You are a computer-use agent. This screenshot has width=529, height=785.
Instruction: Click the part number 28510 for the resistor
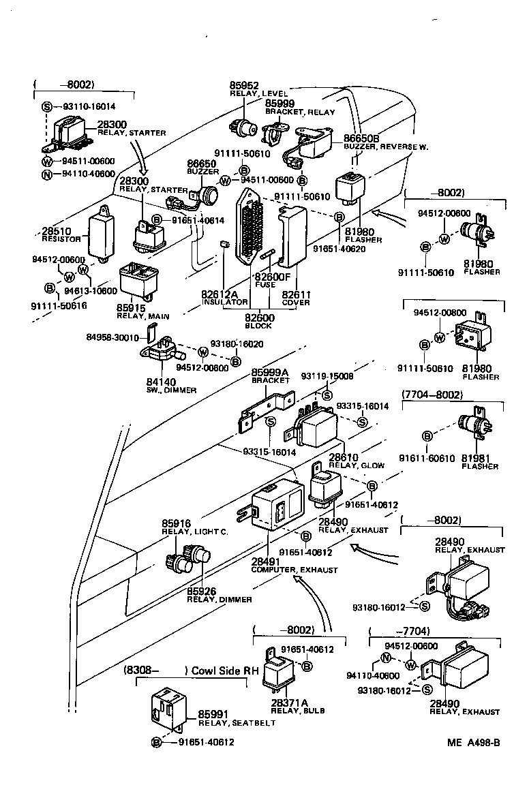(x=57, y=231)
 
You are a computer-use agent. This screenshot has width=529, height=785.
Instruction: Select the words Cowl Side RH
(x=224, y=671)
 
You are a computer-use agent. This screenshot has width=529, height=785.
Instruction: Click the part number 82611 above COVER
(x=297, y=294)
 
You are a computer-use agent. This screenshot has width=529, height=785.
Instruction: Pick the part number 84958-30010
(x=112, y=337)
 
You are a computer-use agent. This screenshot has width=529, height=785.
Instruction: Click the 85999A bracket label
(x=269, y=372)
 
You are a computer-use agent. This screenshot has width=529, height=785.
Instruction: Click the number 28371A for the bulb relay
(x=290, y=702)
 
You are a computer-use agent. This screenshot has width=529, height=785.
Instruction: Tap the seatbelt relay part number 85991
(x=212, y=714)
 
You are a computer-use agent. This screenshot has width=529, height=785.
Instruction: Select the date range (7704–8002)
(x=432, y=395)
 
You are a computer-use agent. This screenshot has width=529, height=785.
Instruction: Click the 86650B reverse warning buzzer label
(x=361, y=138)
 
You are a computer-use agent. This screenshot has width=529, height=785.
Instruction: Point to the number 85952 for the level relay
(x=243, y=85)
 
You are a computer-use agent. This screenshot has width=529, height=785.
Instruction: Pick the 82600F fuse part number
(x=271, y=277)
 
